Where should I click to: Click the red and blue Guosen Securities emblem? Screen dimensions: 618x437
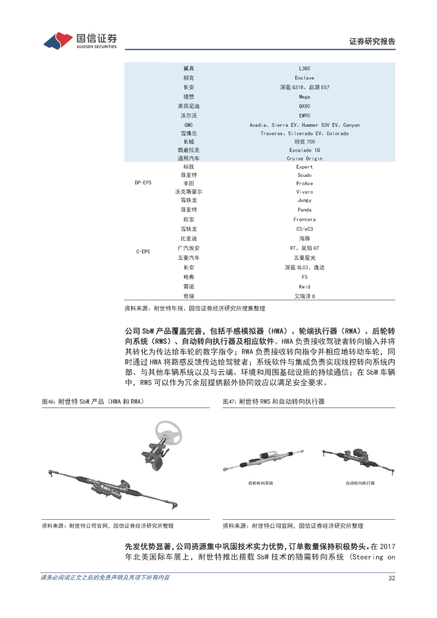(x=58, y=40)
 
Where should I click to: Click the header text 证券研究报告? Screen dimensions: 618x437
(x=372, y=41)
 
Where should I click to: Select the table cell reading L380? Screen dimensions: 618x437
(x=304, y=68)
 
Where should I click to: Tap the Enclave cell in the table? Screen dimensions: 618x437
(x=304, y=78)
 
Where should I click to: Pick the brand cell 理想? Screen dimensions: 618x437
(x=189, y=97)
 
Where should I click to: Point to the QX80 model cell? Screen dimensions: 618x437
(x=304, y=106)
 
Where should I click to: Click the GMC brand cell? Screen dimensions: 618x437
(x=189, y=125)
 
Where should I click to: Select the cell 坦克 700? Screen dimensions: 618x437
(x=304, y=142)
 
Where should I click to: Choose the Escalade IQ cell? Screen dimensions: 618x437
(x=304, y=150)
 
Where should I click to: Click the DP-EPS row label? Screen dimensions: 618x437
(x=143, y=183)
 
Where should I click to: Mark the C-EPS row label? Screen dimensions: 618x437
(x=143, y=252)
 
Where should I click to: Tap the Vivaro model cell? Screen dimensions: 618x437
(x=304, y=192)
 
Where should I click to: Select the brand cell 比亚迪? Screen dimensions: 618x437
(x=189, y=239)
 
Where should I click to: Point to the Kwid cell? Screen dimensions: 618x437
(x=304, y=287)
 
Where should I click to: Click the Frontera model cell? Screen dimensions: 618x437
(x=304, y=219)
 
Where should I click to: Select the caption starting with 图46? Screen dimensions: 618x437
(x=93, y=401)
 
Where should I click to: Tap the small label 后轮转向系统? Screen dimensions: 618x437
(x=261, y=483)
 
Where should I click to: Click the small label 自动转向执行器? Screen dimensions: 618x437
(x=360, y=483)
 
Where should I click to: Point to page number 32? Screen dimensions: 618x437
(x=391, y=578)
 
